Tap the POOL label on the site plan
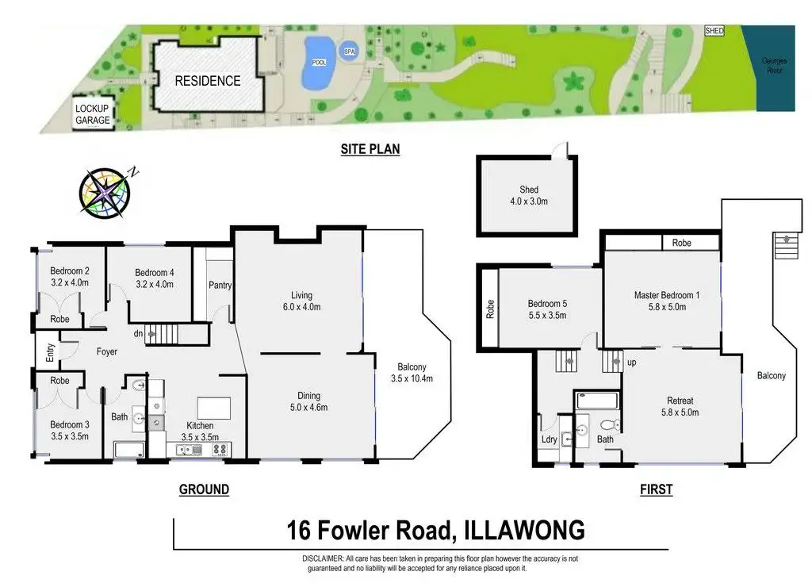(319, 63)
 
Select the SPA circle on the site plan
(349, 52)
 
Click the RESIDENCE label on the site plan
(208, 80)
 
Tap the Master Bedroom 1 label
(664, 301)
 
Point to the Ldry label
(548, 439)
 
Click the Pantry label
(220, 285)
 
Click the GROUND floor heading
(204, 489)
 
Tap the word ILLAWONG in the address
(519, 529)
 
